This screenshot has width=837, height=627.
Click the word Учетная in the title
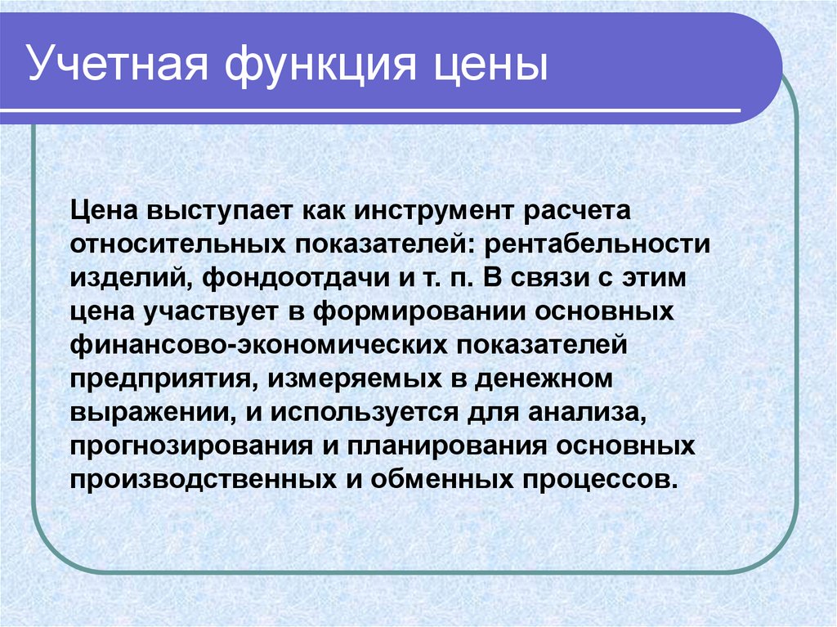pos(117,64)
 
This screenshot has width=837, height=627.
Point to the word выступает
pos(219,211)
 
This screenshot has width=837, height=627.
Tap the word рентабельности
pos(598,244)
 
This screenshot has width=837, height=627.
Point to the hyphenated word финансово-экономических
pos(258,346)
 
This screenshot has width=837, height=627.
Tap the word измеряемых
pos(356,379)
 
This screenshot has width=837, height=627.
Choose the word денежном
pos(544,379)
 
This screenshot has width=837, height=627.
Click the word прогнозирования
pos(191,446)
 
